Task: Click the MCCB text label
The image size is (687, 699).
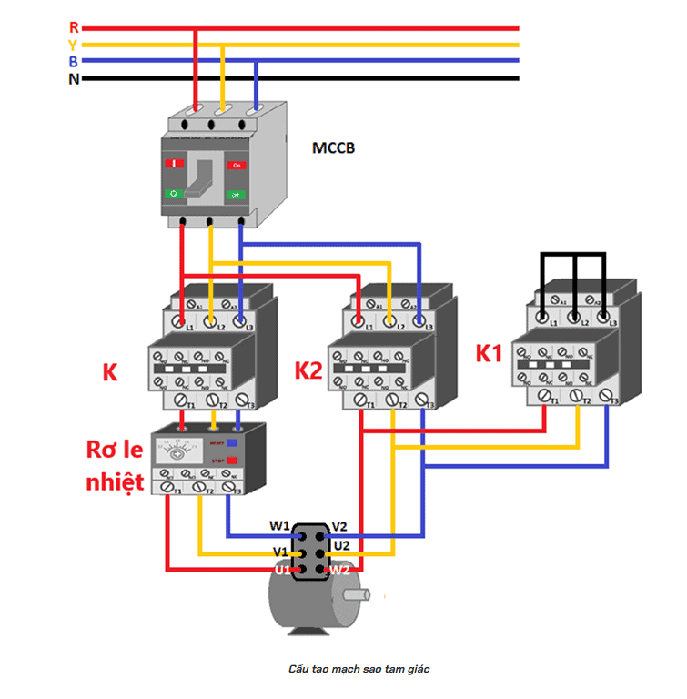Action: pyautogui.click(x=333, y=147)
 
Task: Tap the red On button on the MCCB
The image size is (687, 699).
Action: pyautogui.click(x=237, y=165)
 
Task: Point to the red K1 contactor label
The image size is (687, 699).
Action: pyautogui.click(x=489, y=353)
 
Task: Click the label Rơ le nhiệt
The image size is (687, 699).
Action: pyautogui.click(x=115, y=465)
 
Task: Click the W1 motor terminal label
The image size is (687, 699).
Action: pyautogui.click(x=279, y=526)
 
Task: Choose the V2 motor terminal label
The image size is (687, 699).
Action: pyautogui.click(x=338, y=526)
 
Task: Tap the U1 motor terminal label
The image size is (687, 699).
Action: pyautogui.click(x=282, y=570)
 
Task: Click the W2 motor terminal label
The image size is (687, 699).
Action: pyautogui.click(x=339, y=571)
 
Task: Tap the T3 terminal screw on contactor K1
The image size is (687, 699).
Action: pyautogui.click(x=605, y=395)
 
